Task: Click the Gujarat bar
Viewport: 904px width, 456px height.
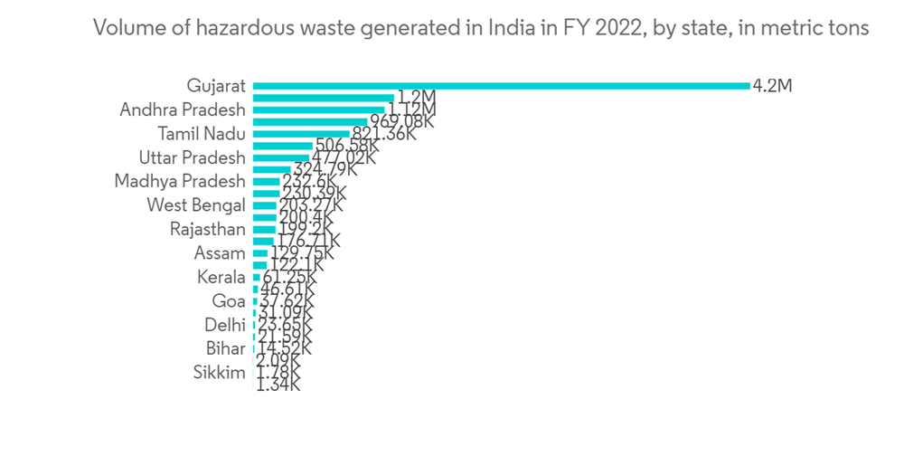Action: (502, 86)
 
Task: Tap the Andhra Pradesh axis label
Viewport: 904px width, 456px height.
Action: (183, 109)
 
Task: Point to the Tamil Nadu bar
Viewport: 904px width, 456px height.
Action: (301, 133)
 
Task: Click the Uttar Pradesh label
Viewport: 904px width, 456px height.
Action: (192, 157)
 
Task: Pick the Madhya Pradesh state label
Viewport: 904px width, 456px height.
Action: (180, 181)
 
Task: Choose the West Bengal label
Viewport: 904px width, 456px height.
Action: (195, 204)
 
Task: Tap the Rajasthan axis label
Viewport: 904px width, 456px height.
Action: (207, 229)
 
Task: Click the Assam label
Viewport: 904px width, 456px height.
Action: (220, 252)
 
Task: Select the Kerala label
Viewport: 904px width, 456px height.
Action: (221, 277)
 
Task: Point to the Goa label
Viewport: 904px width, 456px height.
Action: (228, 300)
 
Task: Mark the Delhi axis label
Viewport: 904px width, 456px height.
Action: (225, 324)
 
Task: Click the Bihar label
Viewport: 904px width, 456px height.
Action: (225, 348)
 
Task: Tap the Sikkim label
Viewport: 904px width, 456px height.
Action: (220, 372)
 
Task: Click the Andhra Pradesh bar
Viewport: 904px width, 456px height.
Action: (319, 109)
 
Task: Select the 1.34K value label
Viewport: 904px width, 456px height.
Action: (279, 385)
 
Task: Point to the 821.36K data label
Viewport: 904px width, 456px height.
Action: (383, 134)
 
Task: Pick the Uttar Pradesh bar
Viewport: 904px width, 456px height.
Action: (281, 157)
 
